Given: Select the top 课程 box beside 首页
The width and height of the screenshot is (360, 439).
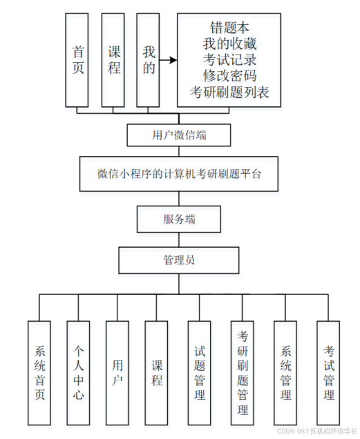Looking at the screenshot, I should pyautogui.click(x=114, y=60).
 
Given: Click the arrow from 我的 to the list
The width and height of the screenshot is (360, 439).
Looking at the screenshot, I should pyautogui.click(x=169, y=60).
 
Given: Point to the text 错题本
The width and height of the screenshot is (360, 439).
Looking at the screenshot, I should pyautogui.click(x=230, y=28).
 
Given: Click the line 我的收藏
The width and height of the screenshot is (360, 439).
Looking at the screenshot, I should pyautogui.click(x=230, y=44).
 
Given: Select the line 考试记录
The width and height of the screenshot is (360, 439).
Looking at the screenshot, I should pyautogui.click(x=230, y=60).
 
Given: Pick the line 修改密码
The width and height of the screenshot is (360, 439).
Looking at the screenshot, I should pyautogui.click(x=230, y=76).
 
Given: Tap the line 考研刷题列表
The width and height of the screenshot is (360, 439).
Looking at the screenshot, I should pyautogui.click(x=230, y=92).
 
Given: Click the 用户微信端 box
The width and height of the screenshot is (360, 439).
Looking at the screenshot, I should pyautogui.click(x=179, y=135).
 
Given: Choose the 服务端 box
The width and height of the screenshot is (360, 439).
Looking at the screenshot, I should pyautogui.click(x=179, y=219).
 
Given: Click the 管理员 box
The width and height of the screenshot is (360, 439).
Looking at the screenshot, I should pyautogui.click(x=179, y=260).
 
